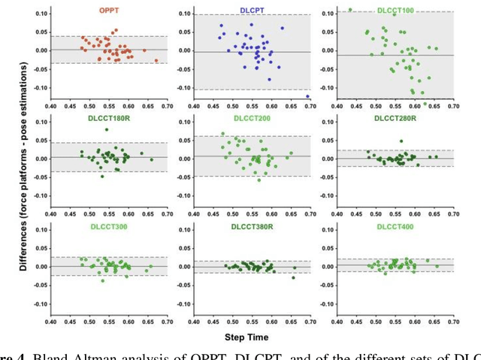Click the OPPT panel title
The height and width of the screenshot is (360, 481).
[110, 11]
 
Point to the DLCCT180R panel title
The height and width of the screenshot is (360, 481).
[110, 119]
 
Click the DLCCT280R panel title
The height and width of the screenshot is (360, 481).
[399, 119]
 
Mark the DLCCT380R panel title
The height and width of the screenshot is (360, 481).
[257, 227]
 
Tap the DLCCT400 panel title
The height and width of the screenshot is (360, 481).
[399, 227]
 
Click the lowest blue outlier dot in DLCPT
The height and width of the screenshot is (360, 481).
[308, 97]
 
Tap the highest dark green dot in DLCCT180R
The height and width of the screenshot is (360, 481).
[107, 129]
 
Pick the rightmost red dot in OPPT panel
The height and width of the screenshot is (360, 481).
[156, 61]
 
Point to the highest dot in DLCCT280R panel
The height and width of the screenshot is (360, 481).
[401, 141]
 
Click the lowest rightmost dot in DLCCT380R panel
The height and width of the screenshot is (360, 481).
[293, 277]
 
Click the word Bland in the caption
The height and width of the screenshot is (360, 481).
[54, 355]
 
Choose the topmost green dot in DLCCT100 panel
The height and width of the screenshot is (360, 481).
[350, 10]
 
